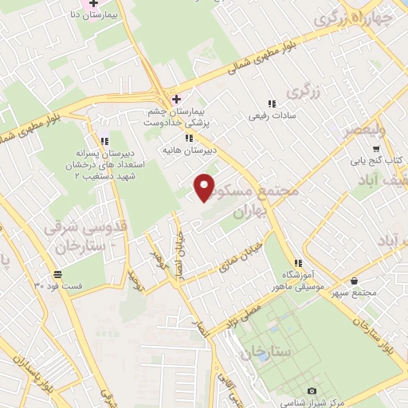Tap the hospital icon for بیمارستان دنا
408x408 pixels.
pos(93,5)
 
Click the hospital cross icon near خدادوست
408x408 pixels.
pos(176,99)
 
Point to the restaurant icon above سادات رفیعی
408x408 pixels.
pos(272,104)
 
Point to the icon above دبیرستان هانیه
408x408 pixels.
pos(188,137)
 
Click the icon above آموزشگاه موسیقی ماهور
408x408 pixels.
pos(297,264)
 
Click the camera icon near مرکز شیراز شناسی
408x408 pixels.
pos(312,390)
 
